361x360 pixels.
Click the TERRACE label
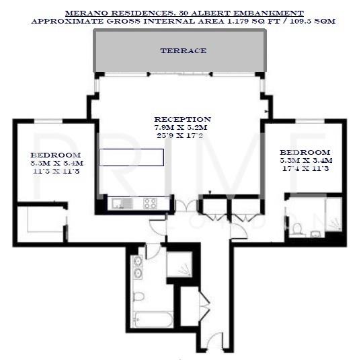click(183, 50)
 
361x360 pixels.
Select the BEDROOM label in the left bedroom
click(50, 154)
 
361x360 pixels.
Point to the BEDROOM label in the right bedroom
click(305, 152)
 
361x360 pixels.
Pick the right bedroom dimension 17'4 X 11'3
click(305, 168)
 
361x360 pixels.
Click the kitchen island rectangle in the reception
click(132, 157)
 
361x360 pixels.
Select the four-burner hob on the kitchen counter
click(150, 202)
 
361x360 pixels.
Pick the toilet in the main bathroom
click(138, 296)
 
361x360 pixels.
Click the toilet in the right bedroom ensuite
click(296, 228)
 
